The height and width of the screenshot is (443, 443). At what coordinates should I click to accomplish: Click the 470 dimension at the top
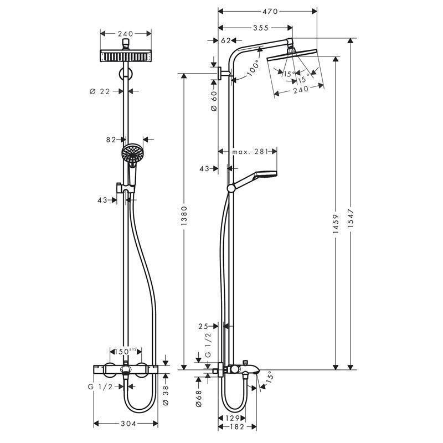click(269, 11)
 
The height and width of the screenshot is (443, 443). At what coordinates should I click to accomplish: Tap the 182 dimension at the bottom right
click(237, 428)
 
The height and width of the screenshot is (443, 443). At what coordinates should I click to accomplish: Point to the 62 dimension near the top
click(225, 40)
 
